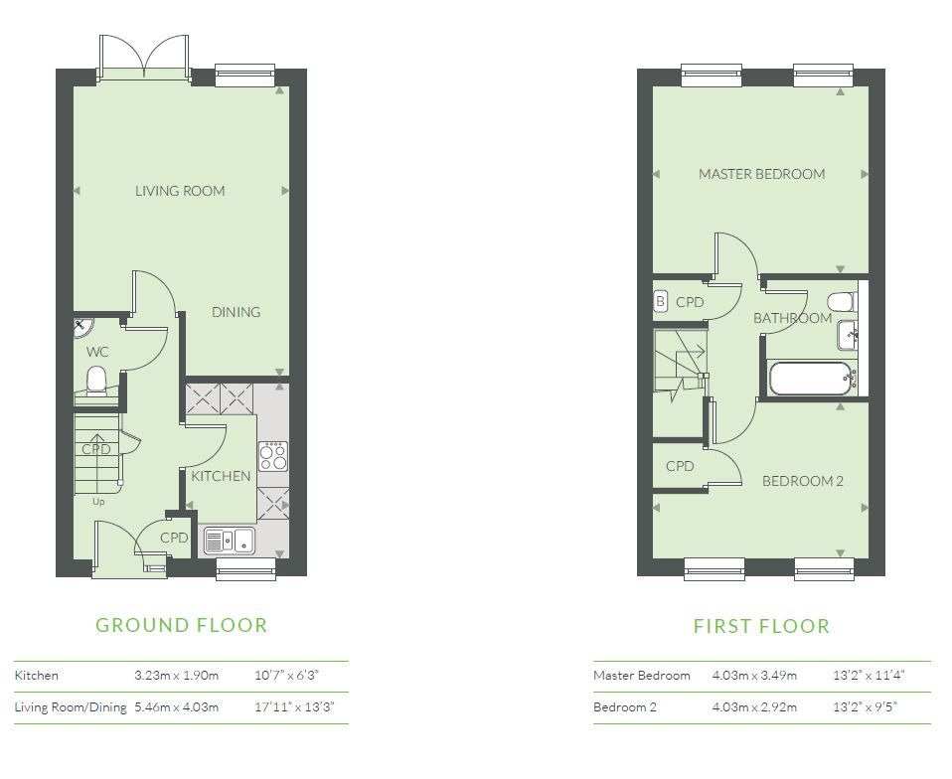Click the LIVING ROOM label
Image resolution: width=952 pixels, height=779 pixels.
click(180, 191)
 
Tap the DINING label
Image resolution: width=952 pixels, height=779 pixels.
click(237, 312)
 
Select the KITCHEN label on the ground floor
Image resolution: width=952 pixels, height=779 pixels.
click(221, 476)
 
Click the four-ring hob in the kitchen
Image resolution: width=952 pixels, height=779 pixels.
click(273, 457)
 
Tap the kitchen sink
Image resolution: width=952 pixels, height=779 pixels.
click(229, 540)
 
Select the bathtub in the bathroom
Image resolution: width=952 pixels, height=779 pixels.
click(812, 379)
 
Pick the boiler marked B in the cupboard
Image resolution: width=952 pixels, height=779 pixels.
click(661, 302)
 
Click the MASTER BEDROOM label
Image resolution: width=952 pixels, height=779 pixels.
click(761, 174)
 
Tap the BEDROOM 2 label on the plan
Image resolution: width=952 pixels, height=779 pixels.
click(803, 482)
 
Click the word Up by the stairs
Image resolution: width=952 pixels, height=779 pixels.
click(98, 502)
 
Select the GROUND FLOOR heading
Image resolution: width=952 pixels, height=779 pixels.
click(182, 625)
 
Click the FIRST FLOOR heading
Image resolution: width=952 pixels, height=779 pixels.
click(761, 626)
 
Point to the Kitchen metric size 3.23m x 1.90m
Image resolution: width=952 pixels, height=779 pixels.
click(177, 676)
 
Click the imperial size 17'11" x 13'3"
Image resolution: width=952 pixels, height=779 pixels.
click(294, 707)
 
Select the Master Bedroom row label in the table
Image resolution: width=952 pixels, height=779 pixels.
click(642, 676)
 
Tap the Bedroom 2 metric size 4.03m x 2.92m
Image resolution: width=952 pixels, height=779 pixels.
click(754, 707)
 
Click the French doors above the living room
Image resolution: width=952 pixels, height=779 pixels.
click(144, 58)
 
